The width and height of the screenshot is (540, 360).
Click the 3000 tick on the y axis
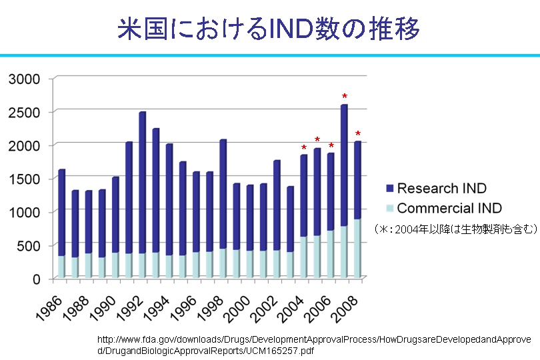tap(26, 79)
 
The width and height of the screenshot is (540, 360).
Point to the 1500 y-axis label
tap(26, 179)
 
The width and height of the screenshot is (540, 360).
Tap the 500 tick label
tap(31, 245)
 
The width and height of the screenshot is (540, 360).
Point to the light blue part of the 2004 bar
tap(303, 257)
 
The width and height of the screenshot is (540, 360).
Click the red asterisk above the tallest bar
tap(344, 97)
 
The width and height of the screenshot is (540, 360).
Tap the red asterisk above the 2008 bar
tap(358, 134)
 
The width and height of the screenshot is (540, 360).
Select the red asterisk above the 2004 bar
tap(304, 148)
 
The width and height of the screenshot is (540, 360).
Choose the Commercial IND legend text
tap(449, 208)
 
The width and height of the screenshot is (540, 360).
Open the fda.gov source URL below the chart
tap(313, 345)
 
